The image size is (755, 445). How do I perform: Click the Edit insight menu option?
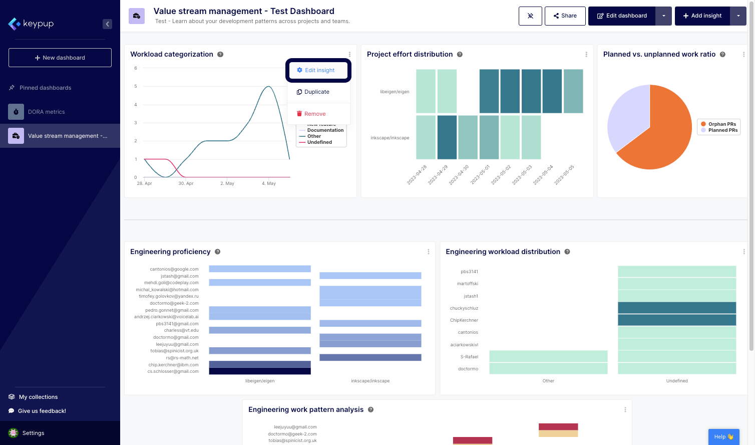click(318, 70)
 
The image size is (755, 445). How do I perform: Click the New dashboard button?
click(60, 58)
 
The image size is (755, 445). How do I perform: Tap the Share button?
click(565, 16)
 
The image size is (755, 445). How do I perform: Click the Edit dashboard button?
click(622, 16)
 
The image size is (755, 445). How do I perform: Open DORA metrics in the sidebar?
click(46, 112)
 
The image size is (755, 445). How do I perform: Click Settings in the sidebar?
click(33, 433)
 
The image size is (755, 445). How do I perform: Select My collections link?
click(38, 397)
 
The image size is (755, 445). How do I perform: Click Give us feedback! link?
click(42, 411)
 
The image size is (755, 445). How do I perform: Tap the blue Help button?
click(723, 436)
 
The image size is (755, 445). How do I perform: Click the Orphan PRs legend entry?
click(721, 124)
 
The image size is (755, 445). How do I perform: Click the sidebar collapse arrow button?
click(107, 24)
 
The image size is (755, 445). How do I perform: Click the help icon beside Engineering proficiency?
click(218, 252)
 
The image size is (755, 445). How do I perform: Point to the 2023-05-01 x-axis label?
click(480, 175)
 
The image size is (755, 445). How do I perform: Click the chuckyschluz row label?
click(464, 308)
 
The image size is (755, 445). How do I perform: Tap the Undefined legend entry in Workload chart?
click(319, 142)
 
